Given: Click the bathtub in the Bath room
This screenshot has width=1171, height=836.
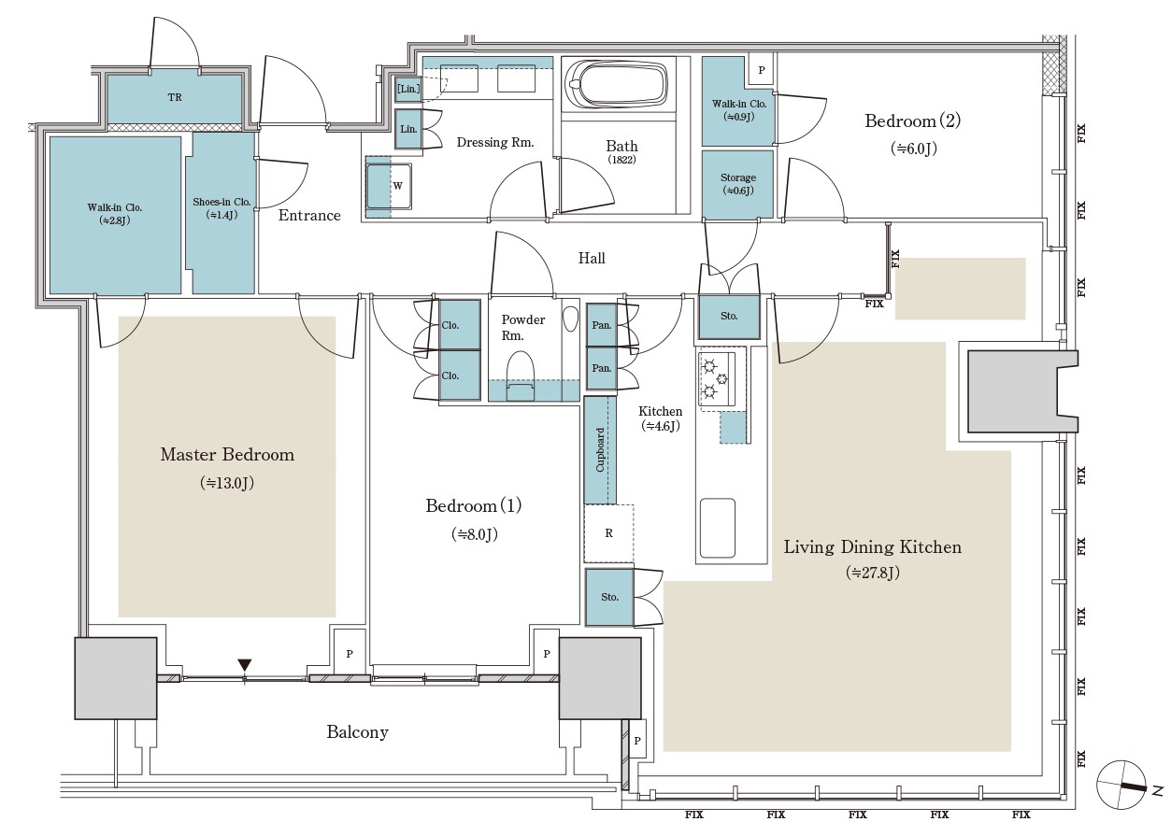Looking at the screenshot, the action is [x=617, y=85].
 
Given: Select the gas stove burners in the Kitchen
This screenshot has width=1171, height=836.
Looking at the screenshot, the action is [x=716, y=377].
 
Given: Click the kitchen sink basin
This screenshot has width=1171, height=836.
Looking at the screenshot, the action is [x=717, y=528].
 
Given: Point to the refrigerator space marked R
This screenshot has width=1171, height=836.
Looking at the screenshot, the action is [x=608, y=533].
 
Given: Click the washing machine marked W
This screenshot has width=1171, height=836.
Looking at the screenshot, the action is [x=389, y=186].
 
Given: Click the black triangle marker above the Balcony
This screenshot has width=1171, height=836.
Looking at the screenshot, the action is [x=245, y=665].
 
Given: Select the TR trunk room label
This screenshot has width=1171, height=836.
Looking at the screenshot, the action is [x=175, y=97].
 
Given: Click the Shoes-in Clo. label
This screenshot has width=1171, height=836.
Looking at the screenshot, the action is [x=221, y=202].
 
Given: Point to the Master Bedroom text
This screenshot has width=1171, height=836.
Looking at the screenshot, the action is [x=227, y=455].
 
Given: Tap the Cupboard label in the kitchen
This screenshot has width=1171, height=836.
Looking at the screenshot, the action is [x=600, y=450].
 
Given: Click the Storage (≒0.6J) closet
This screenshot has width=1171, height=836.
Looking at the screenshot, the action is [x=737, y=184].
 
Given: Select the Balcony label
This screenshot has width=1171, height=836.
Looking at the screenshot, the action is [x=358, y=732].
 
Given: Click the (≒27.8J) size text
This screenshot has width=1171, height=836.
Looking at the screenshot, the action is [x=873, y=573].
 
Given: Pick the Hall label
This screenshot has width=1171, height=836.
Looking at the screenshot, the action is [x=592, y=258].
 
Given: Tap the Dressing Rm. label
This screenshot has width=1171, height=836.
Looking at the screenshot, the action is [x=495, y=142].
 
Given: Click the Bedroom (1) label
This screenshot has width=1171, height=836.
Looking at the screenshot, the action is [x=474, y=505].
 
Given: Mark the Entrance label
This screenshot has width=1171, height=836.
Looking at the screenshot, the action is [x=309, y=215].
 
